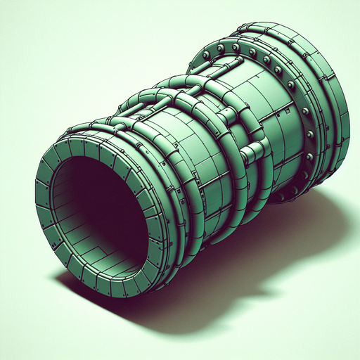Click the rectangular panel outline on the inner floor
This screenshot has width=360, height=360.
tap(105, 246)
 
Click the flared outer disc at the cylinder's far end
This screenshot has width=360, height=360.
tap(330, 120)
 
